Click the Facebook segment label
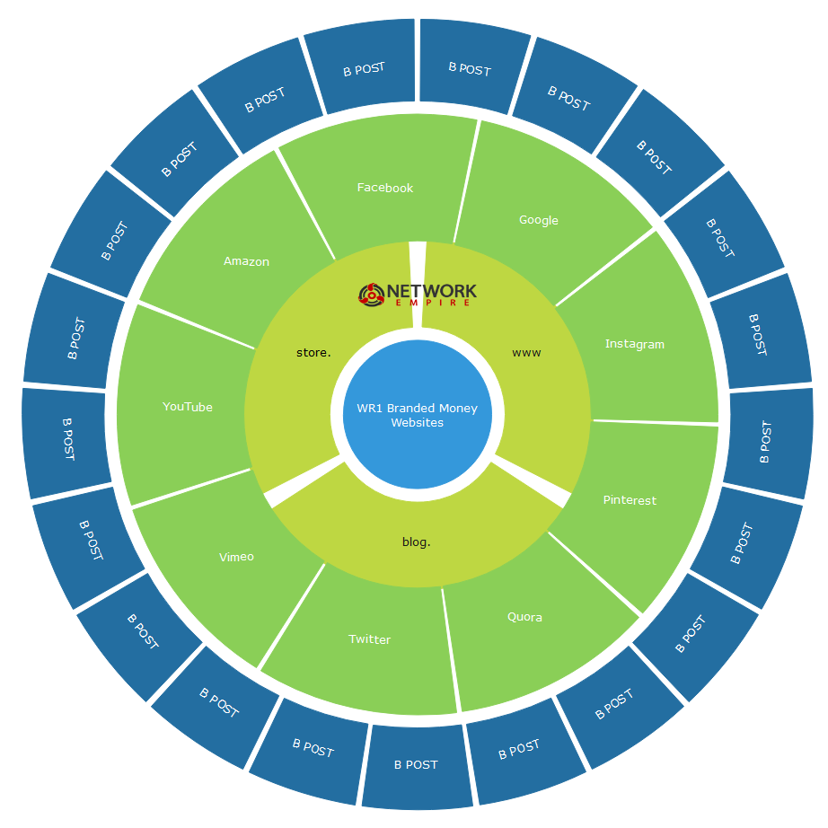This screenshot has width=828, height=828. coord(385,188)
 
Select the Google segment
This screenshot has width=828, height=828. coord(539,220)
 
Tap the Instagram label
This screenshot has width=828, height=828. coord(635,344)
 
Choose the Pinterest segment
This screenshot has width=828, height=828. coord(630,500)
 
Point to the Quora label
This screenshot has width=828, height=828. coord(524,617)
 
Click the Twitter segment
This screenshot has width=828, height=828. coord(370,639)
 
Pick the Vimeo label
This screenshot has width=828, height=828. coord(236,557)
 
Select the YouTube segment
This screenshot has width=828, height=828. coord(188,407)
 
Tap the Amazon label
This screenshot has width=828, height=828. coord(246,261)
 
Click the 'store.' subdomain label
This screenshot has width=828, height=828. coord(307,352)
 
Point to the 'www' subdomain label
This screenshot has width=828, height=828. coord(526,353)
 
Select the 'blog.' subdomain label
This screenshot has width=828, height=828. coord(416,542)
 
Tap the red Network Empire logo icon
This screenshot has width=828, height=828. coord(371,294)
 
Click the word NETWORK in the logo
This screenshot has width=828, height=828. coord(431,291)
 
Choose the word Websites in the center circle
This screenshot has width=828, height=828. coord(418,423)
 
